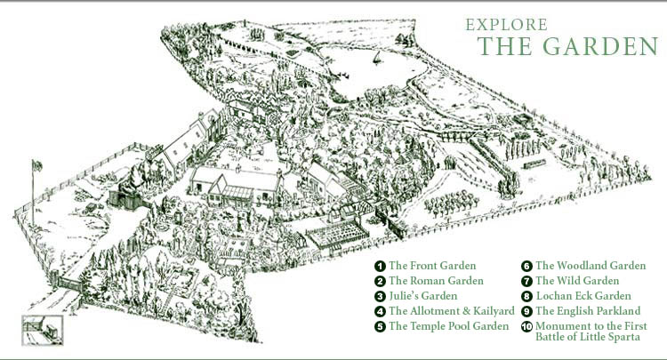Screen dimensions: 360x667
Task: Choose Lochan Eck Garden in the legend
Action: (x=583, y=296)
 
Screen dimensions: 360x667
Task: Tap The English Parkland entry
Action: (x=587, y=311)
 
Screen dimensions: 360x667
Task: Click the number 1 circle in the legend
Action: (x=380, y=266)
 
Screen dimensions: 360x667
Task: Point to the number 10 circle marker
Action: (x=526, y=326)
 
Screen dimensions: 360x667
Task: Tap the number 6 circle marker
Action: (x=526, y=266)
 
